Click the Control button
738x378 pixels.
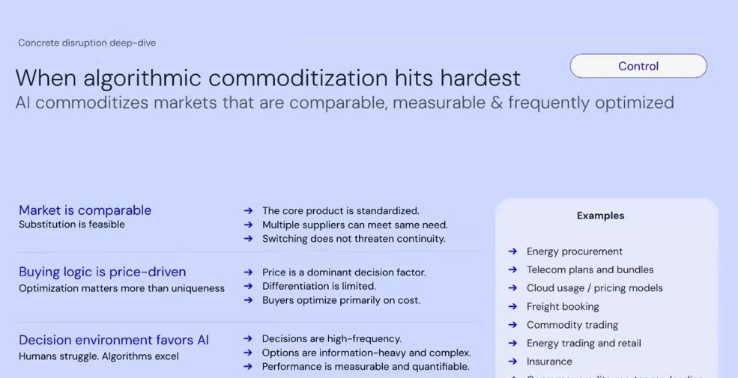click(638, 66)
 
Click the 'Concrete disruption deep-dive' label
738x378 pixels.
click(87, 43)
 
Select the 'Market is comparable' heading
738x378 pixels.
click(85, 210)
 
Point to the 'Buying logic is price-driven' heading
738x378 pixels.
click(102, 272)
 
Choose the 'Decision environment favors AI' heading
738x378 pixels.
click(114, 340)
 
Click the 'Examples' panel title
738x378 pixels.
click(600, 216)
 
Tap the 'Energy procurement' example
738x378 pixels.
click(574, 252)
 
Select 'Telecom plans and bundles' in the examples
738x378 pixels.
click(590, 269)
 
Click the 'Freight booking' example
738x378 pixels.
click(563, 306)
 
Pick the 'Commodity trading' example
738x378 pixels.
click(572, 325)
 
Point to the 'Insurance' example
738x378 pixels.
click(549, 362)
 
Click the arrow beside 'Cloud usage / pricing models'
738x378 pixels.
click(512, 288)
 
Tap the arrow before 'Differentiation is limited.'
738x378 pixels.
click(248, 286)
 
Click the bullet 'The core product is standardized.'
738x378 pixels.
click(340, 211)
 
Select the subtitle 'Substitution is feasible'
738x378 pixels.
click(72, 225)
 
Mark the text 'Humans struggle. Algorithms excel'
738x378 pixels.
click(99, 356)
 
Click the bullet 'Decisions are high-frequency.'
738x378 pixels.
click(331, 338)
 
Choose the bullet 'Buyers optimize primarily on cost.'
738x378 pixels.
click(341, 300)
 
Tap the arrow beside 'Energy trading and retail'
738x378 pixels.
click(512, 344)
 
